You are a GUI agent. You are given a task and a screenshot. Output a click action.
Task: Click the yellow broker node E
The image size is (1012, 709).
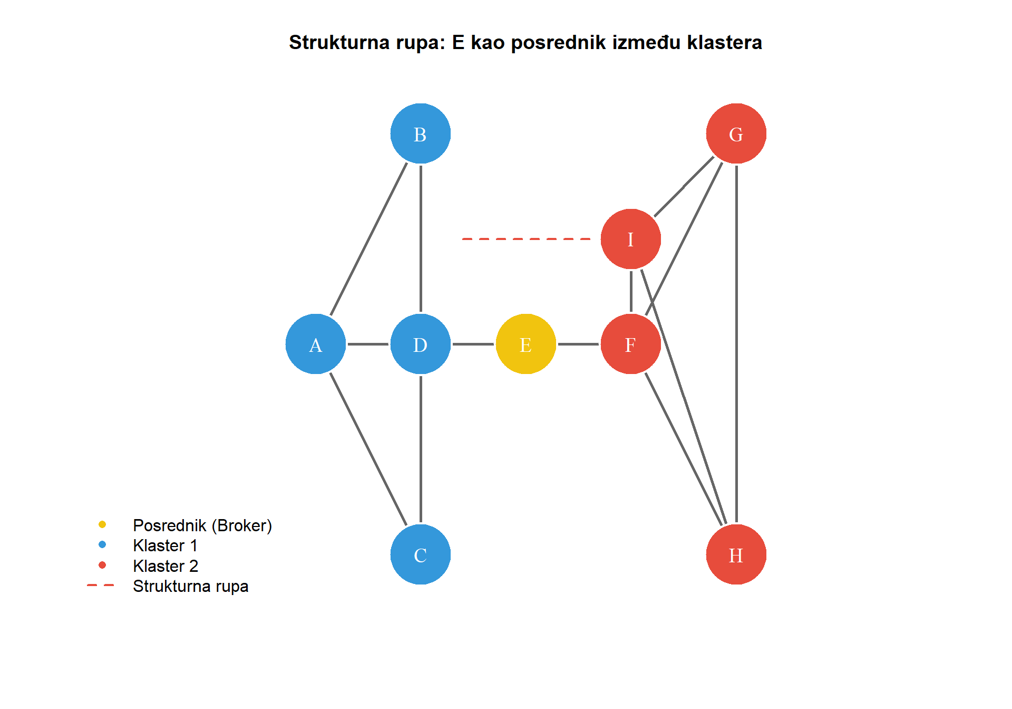(526, 344)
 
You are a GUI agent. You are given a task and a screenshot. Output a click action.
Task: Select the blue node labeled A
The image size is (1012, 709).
(315, 344)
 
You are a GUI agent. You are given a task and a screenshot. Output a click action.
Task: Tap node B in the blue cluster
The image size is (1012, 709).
(420, 133)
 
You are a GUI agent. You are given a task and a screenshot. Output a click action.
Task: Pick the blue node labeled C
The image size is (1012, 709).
(420, 554)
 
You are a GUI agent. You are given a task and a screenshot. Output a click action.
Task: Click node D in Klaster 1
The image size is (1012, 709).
(420, 344)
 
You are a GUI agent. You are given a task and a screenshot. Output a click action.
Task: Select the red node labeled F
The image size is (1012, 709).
(630, 344)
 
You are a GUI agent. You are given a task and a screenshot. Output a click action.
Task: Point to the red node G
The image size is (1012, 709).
(736, 133)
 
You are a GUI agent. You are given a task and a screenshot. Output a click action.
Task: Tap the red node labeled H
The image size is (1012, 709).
(736, 554)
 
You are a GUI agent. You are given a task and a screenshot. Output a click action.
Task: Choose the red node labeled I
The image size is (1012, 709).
(630, 239)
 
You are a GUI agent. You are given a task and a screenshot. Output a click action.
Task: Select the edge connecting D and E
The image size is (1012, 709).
(473, 344)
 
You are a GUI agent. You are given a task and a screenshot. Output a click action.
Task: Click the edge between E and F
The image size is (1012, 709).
(578, 344)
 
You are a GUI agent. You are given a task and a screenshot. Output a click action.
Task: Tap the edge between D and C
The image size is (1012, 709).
(421, 448)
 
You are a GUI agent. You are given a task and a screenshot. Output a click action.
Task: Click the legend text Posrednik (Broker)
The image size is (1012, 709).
(202, 525)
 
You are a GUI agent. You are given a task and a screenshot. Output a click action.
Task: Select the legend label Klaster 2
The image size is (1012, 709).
(166, 566)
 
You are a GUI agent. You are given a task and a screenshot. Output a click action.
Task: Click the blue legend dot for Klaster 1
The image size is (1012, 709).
(102, 544)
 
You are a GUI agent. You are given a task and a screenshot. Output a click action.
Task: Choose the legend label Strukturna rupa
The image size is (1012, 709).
(190, 586)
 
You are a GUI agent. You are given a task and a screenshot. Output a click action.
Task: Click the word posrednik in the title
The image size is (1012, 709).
(559, 43)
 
